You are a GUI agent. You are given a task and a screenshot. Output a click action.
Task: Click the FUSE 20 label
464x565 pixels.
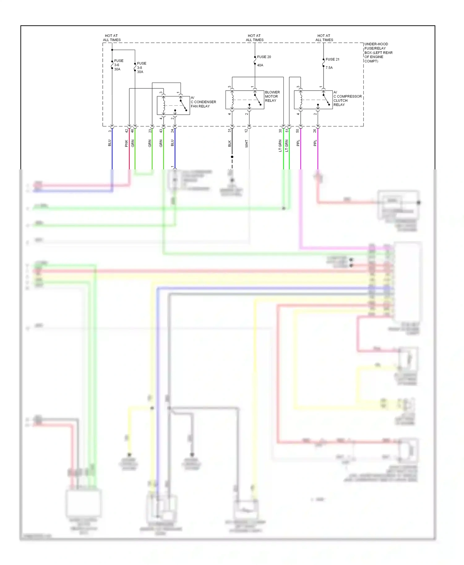point(264,57)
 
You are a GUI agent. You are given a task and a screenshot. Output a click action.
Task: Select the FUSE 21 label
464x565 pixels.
point(332,59)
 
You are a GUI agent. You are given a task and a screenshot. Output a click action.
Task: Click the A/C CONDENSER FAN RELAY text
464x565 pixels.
point(203,102)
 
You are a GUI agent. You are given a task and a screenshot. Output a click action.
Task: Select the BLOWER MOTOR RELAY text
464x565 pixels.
point(272,96)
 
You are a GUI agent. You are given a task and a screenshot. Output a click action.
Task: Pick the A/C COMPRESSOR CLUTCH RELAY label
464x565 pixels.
point(347,99)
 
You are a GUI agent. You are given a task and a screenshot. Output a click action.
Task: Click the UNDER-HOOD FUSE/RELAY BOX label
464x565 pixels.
point(378,53)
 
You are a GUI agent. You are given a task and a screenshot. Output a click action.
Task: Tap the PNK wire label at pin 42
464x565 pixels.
point(126,143)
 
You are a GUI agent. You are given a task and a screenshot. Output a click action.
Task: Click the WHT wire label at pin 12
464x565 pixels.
point(247,144)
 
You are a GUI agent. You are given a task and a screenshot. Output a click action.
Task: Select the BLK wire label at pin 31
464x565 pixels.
point(230,144)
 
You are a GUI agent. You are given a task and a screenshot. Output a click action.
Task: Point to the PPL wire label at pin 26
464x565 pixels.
point(315,143)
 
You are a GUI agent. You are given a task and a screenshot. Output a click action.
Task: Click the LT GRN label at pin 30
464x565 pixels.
point(280,146)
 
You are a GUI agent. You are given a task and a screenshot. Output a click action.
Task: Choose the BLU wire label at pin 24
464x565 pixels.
point(172,143)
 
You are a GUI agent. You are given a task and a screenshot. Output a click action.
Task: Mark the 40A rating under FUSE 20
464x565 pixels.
point(260,65)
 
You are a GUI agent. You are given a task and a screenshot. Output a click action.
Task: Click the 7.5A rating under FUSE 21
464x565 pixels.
point(329,68)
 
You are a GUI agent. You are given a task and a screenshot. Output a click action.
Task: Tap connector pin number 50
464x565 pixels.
point(298,131)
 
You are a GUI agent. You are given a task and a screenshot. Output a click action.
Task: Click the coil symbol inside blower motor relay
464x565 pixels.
point(232,99)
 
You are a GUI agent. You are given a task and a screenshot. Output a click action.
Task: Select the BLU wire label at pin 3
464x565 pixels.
point(109,143)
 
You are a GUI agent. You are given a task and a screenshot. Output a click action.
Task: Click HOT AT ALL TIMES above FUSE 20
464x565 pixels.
point(255,38)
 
